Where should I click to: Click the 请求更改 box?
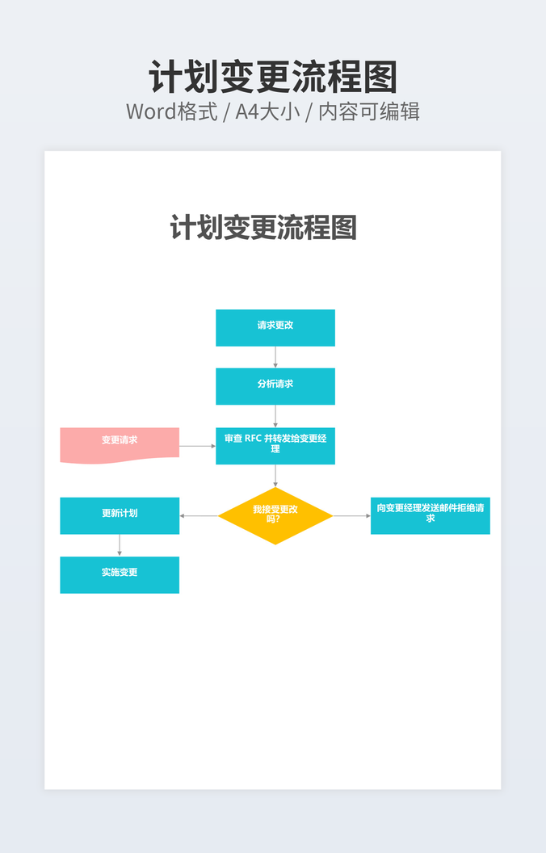click(275, 327)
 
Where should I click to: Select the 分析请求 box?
click(275, 386)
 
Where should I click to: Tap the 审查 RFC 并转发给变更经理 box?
click(275, 445)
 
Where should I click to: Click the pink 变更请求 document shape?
click(120, 444)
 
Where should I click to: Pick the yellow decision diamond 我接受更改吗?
click(275, 515)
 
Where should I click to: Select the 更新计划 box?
click(120, 515)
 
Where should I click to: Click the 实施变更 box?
click(120, 574)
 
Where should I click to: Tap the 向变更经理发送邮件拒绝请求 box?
click(430, 515)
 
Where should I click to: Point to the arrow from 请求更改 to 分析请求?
click(275, 357)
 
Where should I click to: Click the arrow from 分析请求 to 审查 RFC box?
click(275, 416)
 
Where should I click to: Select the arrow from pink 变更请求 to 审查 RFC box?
click(197, 446)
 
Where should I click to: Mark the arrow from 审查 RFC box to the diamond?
click(275, 476)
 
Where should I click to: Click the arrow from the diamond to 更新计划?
click(199, 515)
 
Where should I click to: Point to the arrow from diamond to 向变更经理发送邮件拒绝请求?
click(351, 515)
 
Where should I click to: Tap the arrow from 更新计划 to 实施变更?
click(120, 545)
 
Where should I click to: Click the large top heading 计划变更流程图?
click(273, 78)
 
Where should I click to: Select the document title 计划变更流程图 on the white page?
click(263, 228)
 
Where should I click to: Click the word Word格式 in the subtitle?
click(172, 111)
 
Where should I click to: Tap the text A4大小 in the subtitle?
click(267, 111)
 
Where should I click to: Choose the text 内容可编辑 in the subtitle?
click(369, 111)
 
